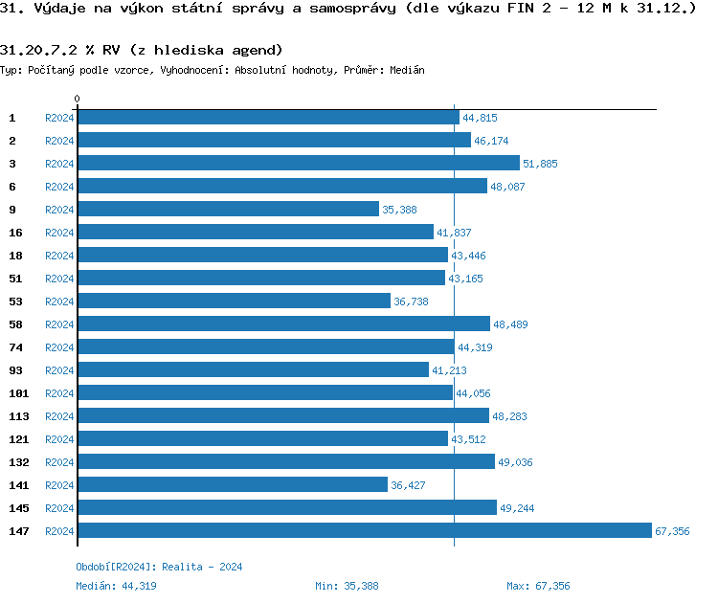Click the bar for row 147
[364, 531]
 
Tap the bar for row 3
[298, 164]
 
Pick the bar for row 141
[233, 485]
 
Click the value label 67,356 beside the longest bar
[672, 531]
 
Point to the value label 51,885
[540, 164]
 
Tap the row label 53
[15, 301]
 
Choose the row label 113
[18, 416]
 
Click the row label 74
[15, 347]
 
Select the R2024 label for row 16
[59, 233]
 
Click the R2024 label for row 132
[59, 462]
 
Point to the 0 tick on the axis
[78, 99]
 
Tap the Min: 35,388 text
[347, 586]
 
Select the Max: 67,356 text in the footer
[538, 586]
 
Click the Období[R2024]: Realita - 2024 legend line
[159, 567]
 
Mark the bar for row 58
[283, 324]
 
